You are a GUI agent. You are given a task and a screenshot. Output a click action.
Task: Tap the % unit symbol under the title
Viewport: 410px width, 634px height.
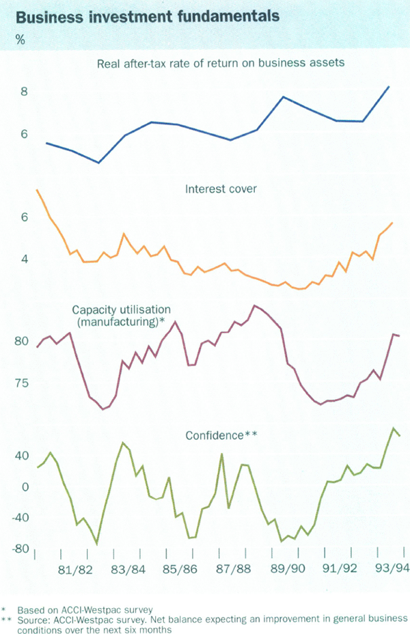(x=20, y=40)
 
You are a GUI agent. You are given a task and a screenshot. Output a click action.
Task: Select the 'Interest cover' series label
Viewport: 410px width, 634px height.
(x=221, y=189)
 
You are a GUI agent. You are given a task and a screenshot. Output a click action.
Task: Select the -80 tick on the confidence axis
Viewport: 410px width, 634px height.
(x=20, y=549)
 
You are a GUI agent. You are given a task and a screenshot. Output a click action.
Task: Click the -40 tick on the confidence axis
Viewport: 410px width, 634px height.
(x=20, y=518)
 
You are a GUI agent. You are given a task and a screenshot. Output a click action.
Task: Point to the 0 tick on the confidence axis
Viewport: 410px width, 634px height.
(x=25, y=487)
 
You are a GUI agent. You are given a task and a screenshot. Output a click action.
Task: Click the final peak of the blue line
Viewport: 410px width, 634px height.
(x=389, y=87)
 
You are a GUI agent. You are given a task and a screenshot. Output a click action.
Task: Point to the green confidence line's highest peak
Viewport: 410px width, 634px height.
(x=394, y=428)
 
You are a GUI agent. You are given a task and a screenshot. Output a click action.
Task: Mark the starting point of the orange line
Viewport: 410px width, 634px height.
(x=37, y=190)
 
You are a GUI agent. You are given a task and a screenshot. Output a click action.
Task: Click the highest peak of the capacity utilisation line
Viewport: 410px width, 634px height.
(x=254, y=305)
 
